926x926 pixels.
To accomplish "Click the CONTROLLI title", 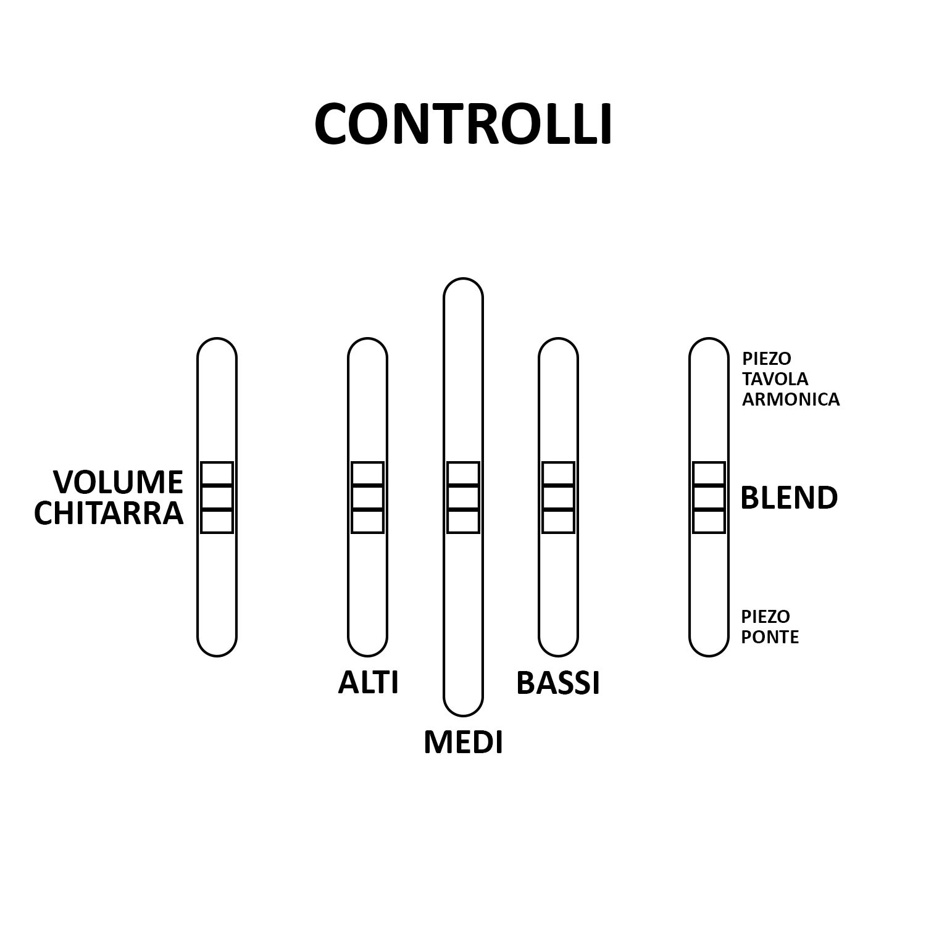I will pos(463,124).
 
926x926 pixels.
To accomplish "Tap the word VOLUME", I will pos(118,482).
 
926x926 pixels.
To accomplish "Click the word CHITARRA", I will pos(109,513).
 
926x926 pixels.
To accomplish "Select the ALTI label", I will pos(368,683).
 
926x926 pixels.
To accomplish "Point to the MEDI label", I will pos(463,742).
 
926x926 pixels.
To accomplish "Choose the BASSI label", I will pos(558,683).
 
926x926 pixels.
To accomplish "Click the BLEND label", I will pos(789,498).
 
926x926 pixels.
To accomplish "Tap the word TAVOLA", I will pos(775,378).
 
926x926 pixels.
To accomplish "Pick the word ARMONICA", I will pos(791,399).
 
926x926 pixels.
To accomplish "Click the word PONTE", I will pos(770,637).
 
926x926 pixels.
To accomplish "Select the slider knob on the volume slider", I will pos(217,498).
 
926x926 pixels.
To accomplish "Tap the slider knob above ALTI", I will pos(367,498).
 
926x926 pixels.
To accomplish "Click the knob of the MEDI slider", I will pos(463,498).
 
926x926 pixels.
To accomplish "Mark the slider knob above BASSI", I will pos(558,498).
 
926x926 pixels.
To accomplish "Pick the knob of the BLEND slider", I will pos(709,498).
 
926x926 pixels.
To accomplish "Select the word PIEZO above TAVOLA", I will pos(767,358).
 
